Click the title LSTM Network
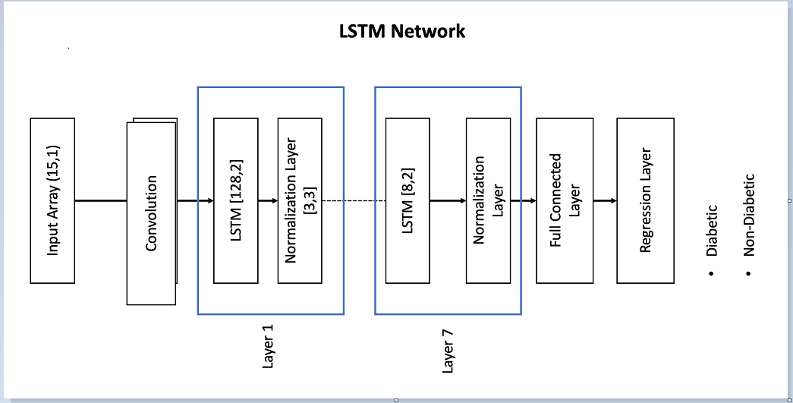[x=401, y=32]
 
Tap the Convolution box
[x=151, y=213]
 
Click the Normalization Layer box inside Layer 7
[x=488, y=200]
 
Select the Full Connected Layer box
[x=565, y=200]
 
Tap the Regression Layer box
[x=645, y=200]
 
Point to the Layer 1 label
[x=268, y=350]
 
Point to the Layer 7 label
[x=448, y=353]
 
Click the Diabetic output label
[x=712, y=229]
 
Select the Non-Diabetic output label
[x=749, y=216]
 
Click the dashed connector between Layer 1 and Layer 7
[x=354, y=201]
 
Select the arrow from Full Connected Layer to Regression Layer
[x=605, y=201]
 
